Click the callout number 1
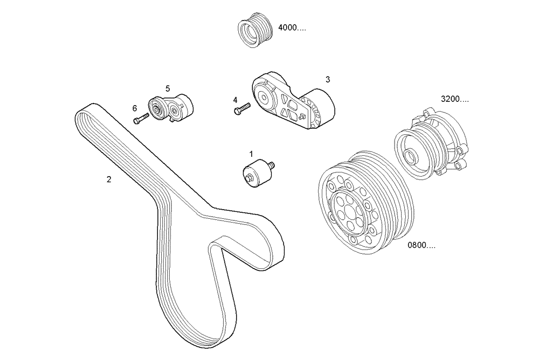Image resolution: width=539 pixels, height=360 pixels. [x=251, y=154]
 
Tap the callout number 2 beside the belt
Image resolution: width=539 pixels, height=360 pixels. [x=109, y=179]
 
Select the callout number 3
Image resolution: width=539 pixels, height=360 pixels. [x=327, y=79]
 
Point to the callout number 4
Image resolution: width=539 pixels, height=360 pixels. [x=235, y=100]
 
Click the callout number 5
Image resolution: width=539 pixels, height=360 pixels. [x=168, y=88]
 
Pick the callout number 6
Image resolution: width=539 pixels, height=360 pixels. [x=135, y=108]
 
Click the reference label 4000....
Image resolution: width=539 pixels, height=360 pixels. [x=292, y=28]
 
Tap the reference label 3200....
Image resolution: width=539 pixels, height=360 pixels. [x=454, y=99]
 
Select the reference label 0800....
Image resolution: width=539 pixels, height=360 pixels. [x=421, y=246]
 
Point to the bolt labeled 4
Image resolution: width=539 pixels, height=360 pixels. [x=242, y=109]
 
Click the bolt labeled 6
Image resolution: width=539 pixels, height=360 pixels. [x=141, y=119]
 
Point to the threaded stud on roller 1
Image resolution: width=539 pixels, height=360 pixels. [x=272, y=164]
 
